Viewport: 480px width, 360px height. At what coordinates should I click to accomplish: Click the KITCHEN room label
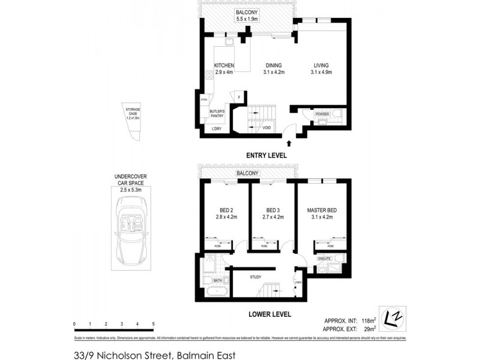point(224,65)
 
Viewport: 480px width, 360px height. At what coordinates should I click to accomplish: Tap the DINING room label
point(273,65)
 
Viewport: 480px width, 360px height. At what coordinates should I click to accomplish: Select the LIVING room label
point(322,65)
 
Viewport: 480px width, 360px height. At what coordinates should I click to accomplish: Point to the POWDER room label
point(322,113)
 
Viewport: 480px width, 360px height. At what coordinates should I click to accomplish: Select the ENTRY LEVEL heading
point(266,155)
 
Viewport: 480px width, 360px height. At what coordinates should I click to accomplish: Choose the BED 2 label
point(224,210)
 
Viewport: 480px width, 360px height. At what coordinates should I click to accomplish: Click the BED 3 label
point(273,210)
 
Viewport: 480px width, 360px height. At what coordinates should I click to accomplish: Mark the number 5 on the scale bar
point(154,323)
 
